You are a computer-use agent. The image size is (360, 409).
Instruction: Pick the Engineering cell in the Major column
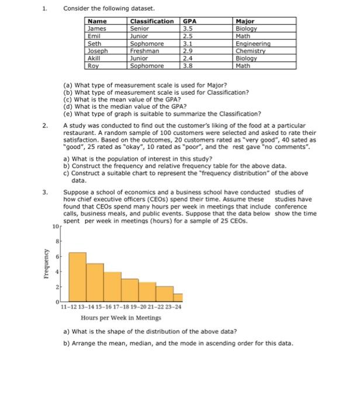click(x=251, y=43)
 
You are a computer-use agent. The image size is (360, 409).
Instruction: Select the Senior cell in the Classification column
click(x=140, y=28)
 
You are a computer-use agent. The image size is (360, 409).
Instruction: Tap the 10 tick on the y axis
click(x=55, y=226)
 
